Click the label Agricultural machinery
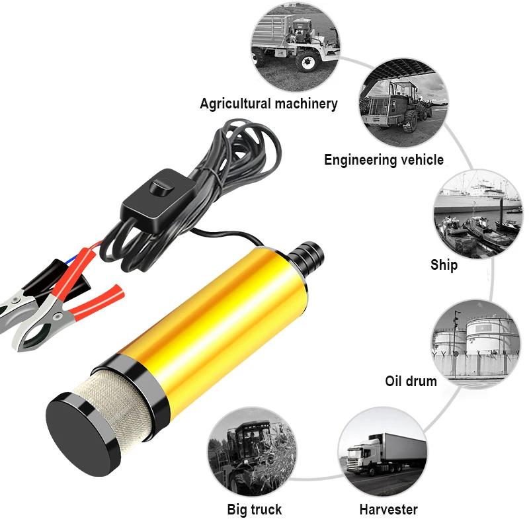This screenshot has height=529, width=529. click(268, 104)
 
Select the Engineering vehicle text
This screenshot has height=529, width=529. click(384, 160)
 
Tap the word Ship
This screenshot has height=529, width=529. click(444, 265)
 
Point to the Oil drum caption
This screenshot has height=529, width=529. click(411, 382)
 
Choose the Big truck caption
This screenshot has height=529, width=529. click(254, 509)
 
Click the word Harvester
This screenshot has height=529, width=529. click(388, 509)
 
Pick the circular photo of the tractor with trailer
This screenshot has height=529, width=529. click(296, 47)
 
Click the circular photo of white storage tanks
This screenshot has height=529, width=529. click(475, 341)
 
